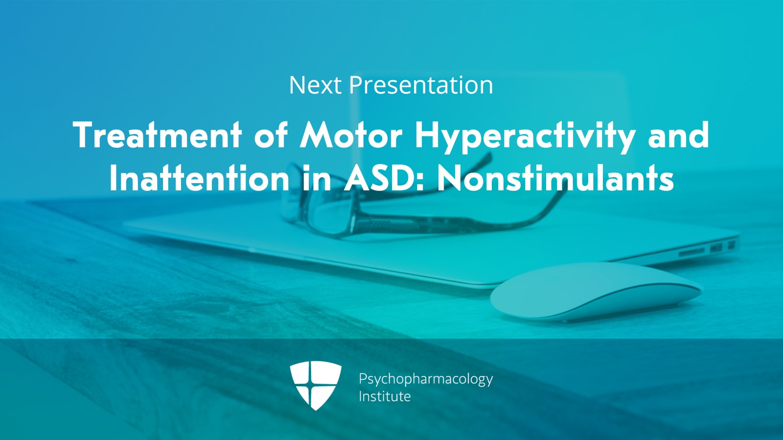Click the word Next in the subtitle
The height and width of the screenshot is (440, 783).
click(x=315, y=85)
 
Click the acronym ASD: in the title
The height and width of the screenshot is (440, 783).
click(x=384, y=178)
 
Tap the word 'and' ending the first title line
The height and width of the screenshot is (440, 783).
click(x=678, y=135)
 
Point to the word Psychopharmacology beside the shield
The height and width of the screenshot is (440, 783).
click(x=426, y=379)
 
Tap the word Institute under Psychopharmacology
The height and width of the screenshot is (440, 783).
click(x=385, y=396)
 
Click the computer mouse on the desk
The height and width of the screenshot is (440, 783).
click(x=596, y=292)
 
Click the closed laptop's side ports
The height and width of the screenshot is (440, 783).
click(x=707, y=249)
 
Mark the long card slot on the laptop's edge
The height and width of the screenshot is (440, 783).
click(x=692, y=251)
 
